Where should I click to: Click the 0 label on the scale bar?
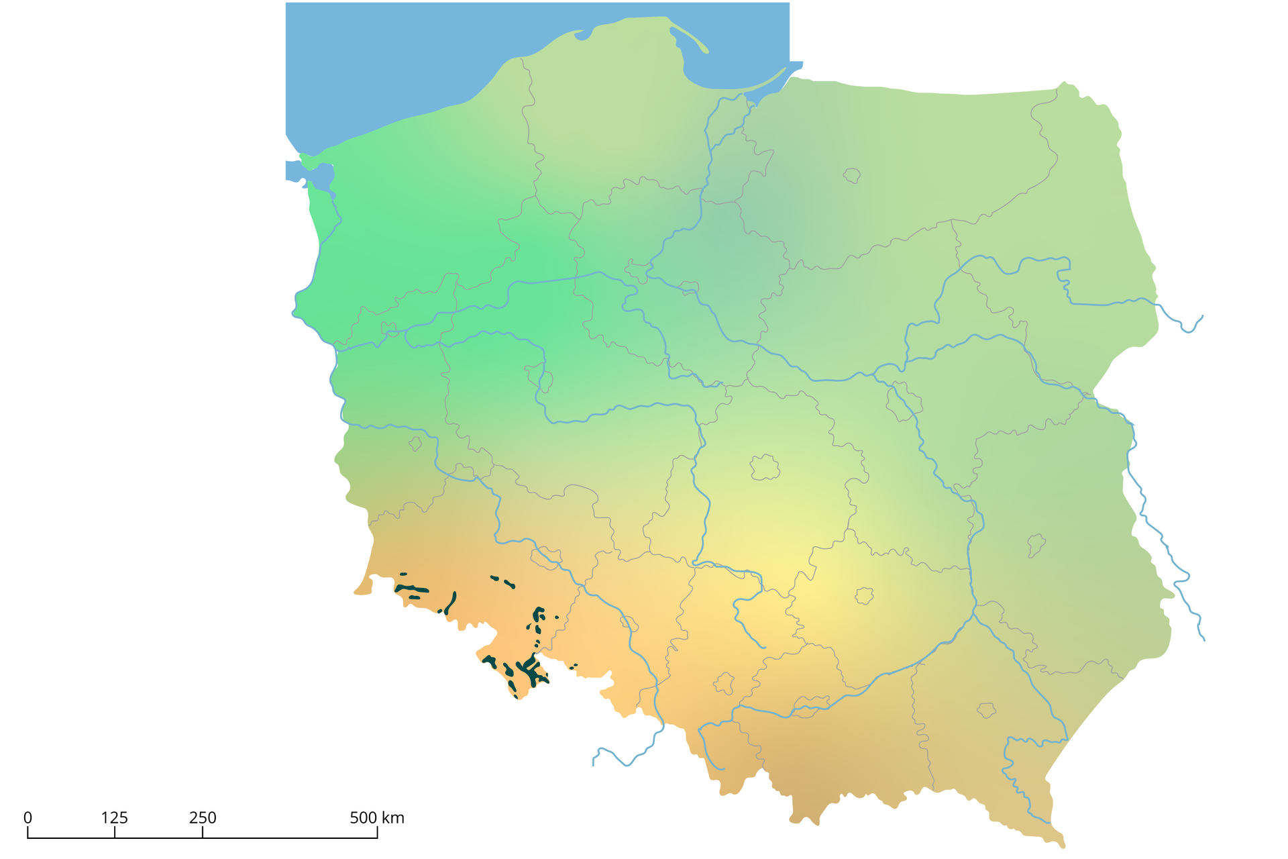pos(28,818)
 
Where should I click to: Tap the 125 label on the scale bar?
pos(115,818)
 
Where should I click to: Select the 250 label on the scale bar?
pos(203,818)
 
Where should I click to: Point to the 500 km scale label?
pos(376,818)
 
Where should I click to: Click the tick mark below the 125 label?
pos(115,833)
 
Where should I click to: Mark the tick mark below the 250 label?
pos(203,833)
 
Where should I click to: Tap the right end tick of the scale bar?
pos(377,833)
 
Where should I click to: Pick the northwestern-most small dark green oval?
pos(403,574)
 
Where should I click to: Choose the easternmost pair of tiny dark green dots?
pos(574,666)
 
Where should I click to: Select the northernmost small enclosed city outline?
pos(852,176)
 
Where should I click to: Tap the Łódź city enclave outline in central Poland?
pos(765,468)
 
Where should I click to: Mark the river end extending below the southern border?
pos(594,763)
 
